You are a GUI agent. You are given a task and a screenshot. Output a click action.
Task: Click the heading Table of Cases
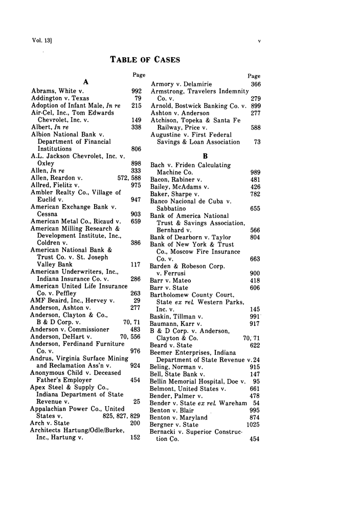tap(145, 60)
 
